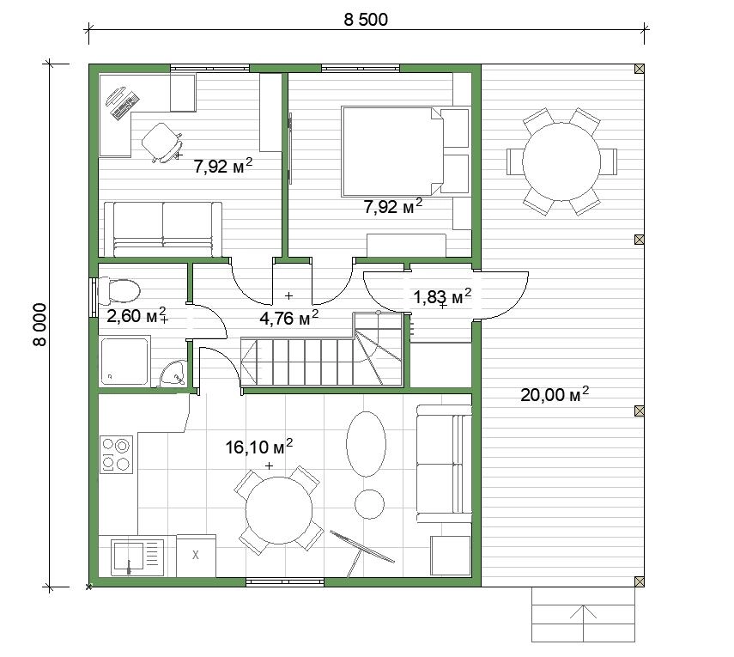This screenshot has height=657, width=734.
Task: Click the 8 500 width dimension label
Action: [366, 20]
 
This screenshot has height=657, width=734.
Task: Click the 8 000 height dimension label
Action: [40, 325]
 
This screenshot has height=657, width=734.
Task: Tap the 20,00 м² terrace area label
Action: [555, 394]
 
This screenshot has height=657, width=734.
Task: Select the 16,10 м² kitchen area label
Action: [259, 447]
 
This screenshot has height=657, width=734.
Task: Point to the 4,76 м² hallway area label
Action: [288, 318]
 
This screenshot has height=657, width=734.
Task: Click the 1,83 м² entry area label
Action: [442, 296]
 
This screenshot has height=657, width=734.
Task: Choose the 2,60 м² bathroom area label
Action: [136, 315]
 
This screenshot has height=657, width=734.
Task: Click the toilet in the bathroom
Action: [119, 291]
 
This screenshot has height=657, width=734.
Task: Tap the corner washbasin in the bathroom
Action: [173, 374]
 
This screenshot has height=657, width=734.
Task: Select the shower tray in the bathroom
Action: [124, 360]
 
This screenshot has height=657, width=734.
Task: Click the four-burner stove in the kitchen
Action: [117, 454]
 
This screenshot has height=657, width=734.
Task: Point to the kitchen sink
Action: [137, 557]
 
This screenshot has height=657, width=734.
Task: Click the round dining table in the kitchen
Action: [279, 510]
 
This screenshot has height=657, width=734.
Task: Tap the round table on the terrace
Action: [561, 161]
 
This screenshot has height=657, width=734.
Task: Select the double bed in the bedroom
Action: [405, 151]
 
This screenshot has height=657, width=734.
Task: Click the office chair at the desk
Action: [162, 143]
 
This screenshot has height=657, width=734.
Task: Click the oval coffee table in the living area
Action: [366, 444]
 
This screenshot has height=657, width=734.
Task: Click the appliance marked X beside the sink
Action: [196, 556]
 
